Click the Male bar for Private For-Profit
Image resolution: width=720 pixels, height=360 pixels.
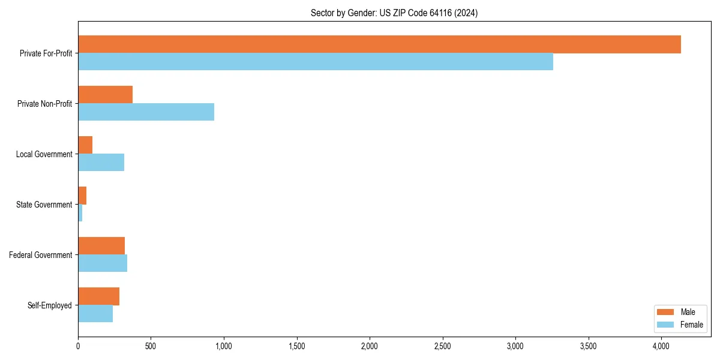pyautogui.click(x=379, y=44)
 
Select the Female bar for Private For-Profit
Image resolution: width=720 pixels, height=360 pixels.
pyautogui.click(x=316, y=62)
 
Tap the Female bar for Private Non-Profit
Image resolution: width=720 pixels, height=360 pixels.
pyautogui.click(x=146, y=112)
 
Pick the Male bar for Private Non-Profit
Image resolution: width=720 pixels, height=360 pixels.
pyautogui.click(x=105, y=95)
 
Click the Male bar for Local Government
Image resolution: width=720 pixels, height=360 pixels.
pyautogui.click(x=85, y=145)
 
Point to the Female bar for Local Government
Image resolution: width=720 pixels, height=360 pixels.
pyautogui.click(x=101, y=163)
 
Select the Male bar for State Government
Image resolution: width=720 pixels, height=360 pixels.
pyautogui.click(x=82, y=196)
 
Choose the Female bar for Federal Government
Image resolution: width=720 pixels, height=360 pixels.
pyautogui.click(x=103, y=263)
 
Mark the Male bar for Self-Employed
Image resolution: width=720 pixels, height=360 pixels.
pyautogui.click(x=98, y=296)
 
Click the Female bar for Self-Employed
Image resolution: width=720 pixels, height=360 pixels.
pyautogui.click(x=95, y=314)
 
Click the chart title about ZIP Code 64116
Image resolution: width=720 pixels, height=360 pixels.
pyautogui.click(x=394, y=13)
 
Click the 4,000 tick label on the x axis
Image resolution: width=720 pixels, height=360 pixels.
pyautogui.click(x=661, y=346)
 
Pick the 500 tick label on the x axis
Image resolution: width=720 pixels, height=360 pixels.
pyautogui.click(x=151, y=346)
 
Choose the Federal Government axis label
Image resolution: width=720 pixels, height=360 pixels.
pyautogui.click(x=41, y=255)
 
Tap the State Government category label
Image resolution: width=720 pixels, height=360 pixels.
pyautogui.click(x=44, y=205)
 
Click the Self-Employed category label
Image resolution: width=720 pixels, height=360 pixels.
pyautogui.click(x=49, y=305)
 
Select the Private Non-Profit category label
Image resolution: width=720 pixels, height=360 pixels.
pyautogui.click(x=44, y=104)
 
